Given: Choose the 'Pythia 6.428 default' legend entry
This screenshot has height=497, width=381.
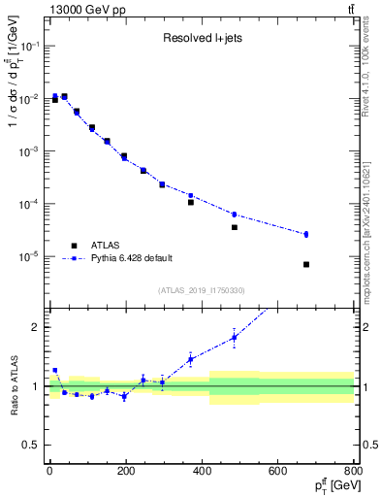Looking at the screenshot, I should pyautogui.click(x=132, y=258).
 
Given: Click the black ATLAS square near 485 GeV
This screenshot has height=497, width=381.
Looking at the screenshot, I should pyautogui.click(x=235, y=227).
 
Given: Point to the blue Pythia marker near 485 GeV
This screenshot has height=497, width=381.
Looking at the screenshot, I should pyautogui.click(x=235, y=215).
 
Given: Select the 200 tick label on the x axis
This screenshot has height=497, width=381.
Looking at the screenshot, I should pyautogui.click(x=125, y=472).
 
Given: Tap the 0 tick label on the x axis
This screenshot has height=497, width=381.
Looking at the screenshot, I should pyautogui.click(x=48, y=472).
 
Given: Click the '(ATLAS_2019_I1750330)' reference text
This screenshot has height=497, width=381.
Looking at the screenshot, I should pyautogui.click(x=202, y=290).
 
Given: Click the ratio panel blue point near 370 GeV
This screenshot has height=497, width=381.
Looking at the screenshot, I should pyautogui.click(x=191, y=359).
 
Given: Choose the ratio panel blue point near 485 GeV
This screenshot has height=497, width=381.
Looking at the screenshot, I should pyautogui.click(x=235, y=338).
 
